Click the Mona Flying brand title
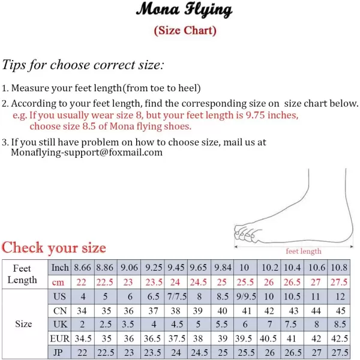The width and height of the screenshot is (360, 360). tap(184, 10)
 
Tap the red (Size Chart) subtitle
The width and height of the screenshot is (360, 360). tap(185, 31)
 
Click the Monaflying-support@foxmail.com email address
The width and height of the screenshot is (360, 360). tap(87, 152)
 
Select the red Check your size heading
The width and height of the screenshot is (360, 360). tap(54, 247)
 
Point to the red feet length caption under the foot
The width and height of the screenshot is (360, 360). tap(304, 251)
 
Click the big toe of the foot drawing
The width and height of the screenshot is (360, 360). tap(239, 229)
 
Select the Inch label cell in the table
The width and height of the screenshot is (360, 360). tap(60, 268)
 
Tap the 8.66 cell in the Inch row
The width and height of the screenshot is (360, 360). tap(83, 268)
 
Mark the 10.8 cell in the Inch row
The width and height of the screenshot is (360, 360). tap(340, 268)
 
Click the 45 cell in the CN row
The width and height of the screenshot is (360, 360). tap(340, 311)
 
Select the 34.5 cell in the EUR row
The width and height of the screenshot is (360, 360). tap(83, 339)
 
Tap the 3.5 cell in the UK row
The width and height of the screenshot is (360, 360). tap(129, 325)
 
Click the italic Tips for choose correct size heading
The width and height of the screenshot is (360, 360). tap(83, 65)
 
